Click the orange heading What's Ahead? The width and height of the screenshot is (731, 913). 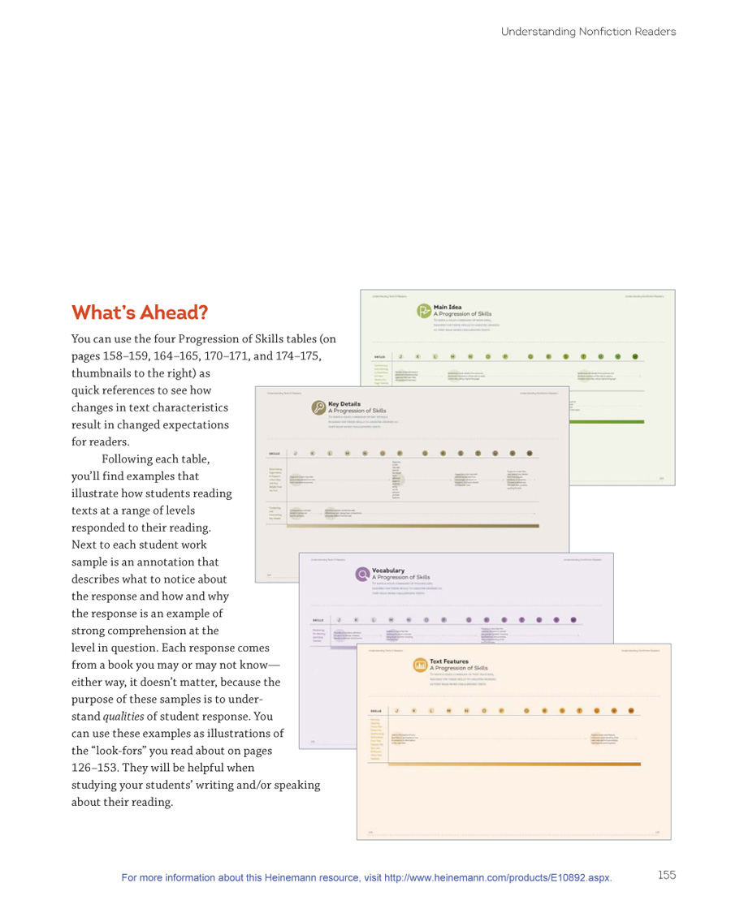pos(139,312)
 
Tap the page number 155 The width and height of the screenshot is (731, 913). pos(666,874)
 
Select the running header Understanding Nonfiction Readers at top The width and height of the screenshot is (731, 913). pos(588,32)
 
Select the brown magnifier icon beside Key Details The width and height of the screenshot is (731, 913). pos(318,408)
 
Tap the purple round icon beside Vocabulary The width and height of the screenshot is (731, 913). pos(361,575)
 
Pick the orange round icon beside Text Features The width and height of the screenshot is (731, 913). pos(420,665)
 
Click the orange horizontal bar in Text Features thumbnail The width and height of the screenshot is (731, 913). pos(520,764)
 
